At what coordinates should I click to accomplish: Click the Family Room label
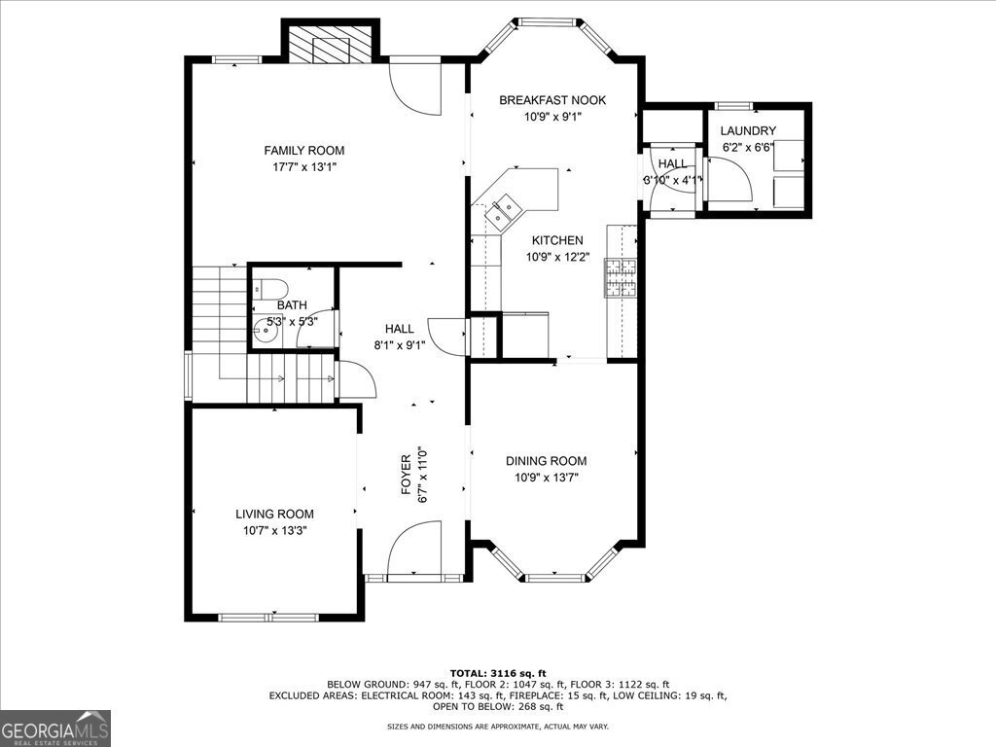tap(303, 150)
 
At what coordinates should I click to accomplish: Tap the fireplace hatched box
tap(329, 44)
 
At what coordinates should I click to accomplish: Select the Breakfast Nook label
tap(552, 100)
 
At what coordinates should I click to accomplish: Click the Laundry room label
tap(748, 130)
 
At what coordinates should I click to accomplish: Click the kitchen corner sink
tap(505, 207)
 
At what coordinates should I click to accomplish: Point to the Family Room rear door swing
tap(415, 88)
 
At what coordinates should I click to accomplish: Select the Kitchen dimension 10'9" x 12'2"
tap(557, 257)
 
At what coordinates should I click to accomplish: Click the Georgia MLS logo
tap(55, 728)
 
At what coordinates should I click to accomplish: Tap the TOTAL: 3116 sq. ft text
tap(498, 673)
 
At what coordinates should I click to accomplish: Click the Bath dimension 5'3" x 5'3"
tap(291, 321)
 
